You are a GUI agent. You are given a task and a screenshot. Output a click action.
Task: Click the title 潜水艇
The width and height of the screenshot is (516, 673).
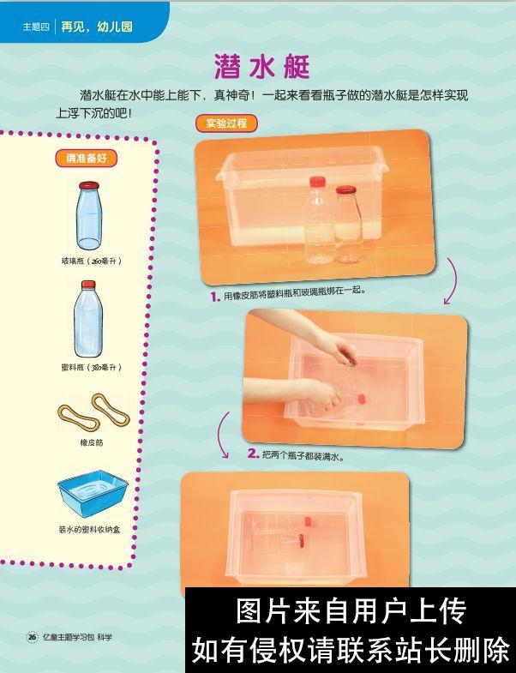coord(261,67)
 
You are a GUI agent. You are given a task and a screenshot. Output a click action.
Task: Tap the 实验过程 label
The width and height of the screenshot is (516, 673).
coord(226,123)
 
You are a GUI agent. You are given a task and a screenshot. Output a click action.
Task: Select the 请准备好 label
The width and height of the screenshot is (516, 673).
coord(86,159)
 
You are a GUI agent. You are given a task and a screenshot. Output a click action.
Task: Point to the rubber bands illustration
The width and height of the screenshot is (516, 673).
coord(93,412)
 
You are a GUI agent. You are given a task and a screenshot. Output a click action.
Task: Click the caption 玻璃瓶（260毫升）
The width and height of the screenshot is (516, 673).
coord(91,261)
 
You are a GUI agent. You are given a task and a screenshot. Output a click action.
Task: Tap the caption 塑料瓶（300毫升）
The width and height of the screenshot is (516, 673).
coord(91,367)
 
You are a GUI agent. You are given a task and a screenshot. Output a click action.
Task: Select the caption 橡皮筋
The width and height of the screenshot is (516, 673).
coord(91,442)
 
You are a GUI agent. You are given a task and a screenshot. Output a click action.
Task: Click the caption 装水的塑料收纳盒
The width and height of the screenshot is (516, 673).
coord(90,530)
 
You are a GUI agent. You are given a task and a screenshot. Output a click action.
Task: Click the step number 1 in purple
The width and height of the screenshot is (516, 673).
coord(215,297)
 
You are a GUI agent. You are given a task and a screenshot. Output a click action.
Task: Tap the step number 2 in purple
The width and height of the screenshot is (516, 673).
coord(253,454)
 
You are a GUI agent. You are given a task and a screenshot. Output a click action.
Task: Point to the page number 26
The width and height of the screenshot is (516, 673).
coord(32,637)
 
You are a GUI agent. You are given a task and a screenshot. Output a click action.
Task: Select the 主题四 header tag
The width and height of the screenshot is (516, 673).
coord(37,27)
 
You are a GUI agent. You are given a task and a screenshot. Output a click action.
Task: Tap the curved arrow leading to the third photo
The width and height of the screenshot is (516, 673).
coord(224,435)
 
